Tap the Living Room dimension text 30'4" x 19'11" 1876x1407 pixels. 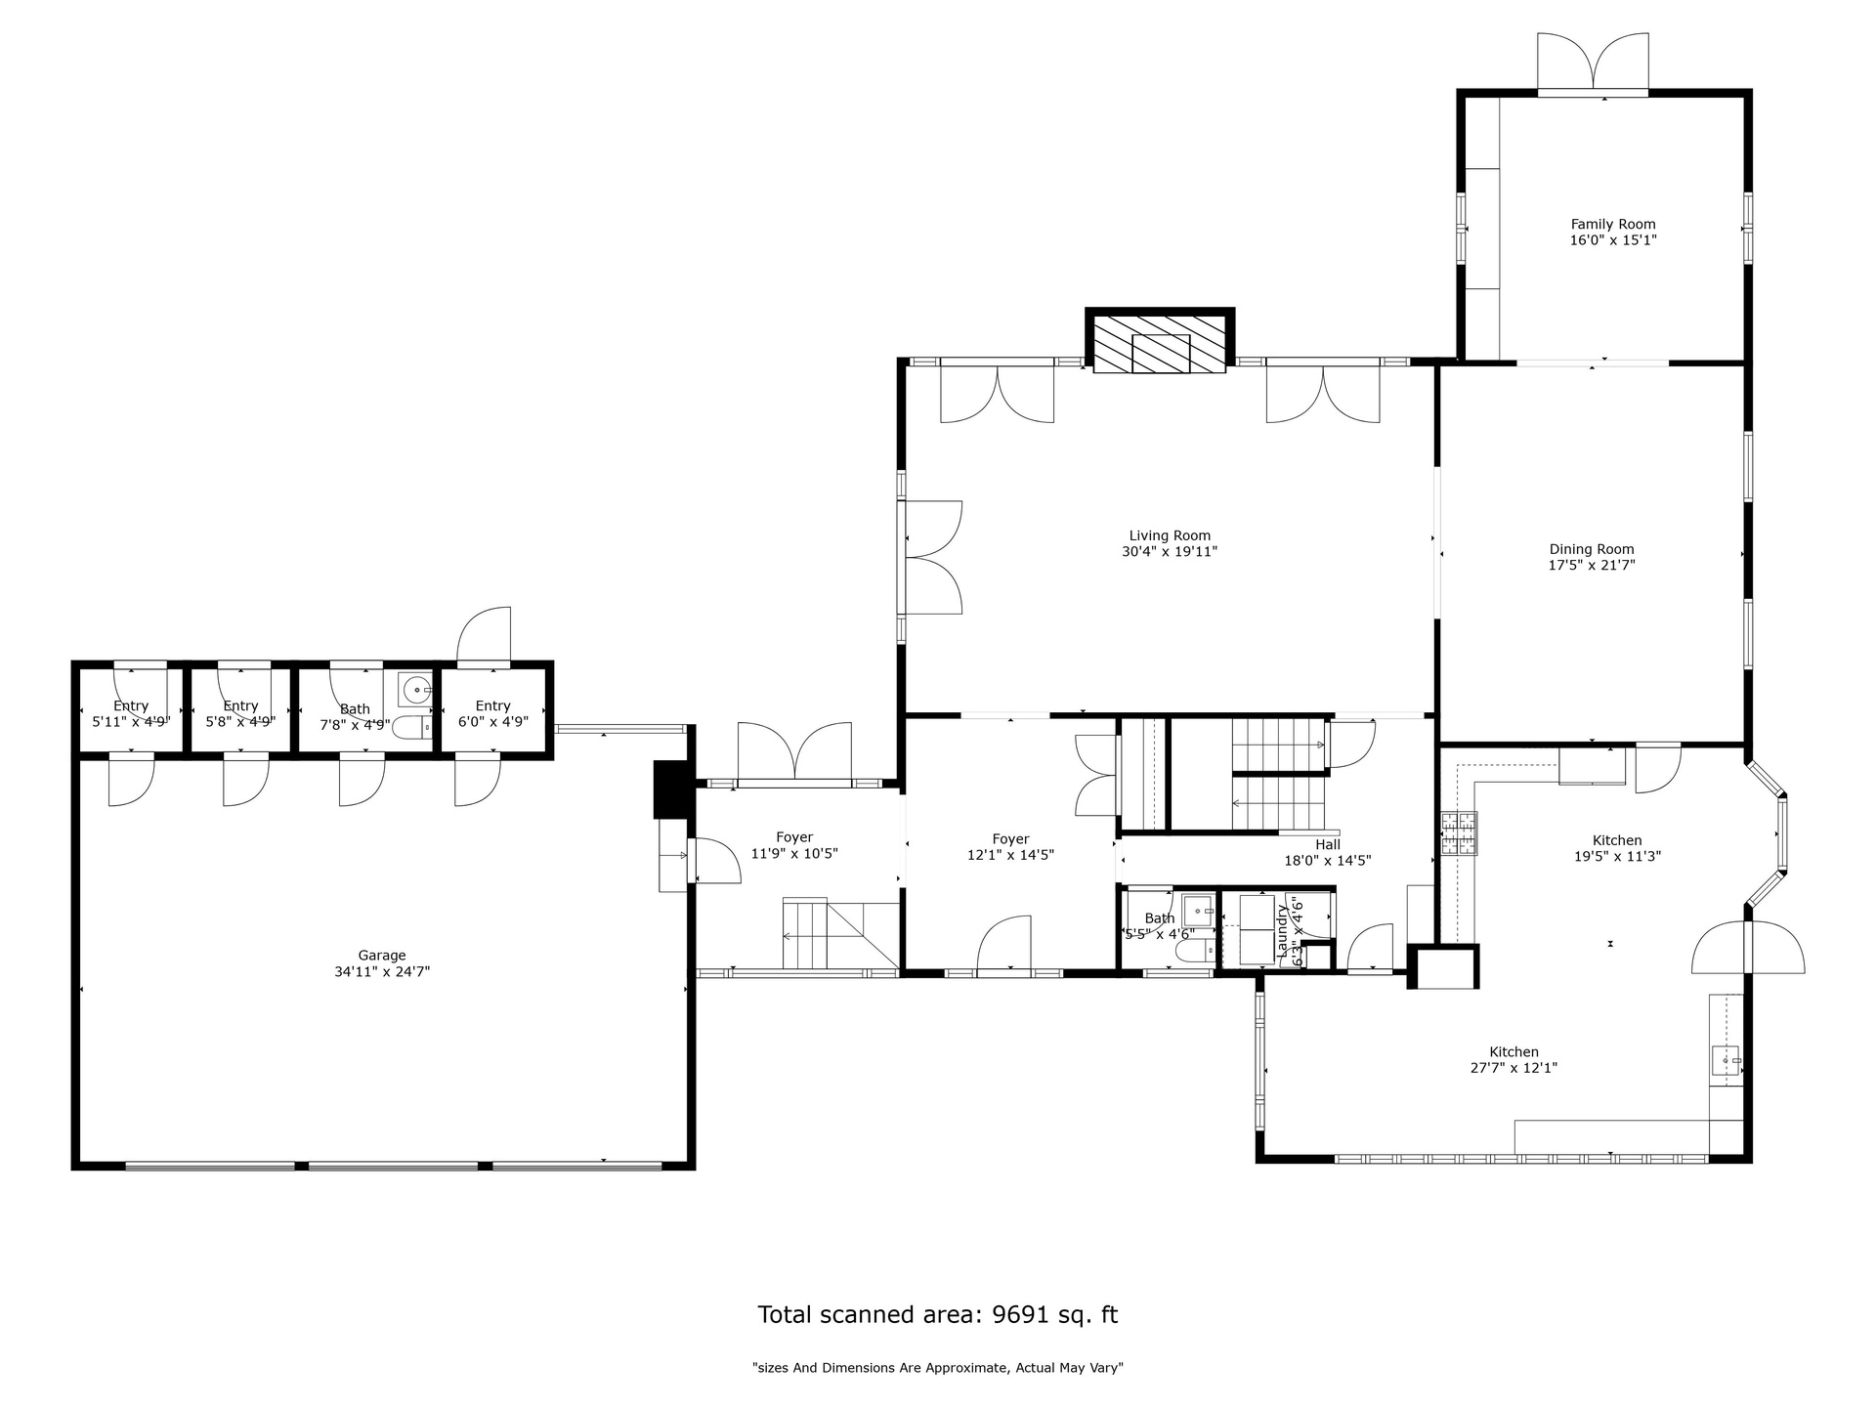(x=1170, y=551)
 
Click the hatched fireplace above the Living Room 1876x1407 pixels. (x=1160, y=342)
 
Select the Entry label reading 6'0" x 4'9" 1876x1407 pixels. (x=493, y=714)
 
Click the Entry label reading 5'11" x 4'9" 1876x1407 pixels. (x=131, y=714)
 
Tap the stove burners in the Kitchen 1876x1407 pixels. (x=1460, y=833)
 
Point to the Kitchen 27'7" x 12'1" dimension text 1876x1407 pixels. (x=1514, y=1068)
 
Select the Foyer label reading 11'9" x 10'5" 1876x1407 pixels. (x=794, y=845)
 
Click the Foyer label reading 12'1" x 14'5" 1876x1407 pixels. (x=1010, y=847)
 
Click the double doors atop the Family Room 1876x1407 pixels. (x=1594, y=63)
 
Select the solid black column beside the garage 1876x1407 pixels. (x=670, y=789)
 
